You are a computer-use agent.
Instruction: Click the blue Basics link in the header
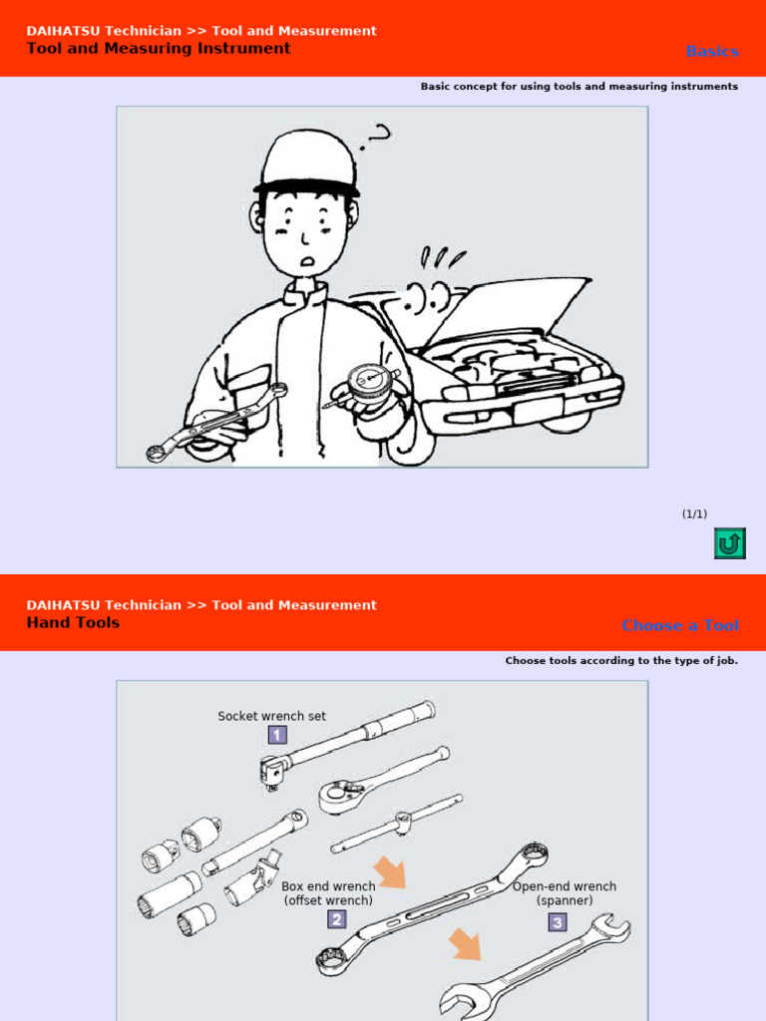click(x=712, y=51)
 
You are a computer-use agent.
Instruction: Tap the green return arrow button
click(x=729, y=543)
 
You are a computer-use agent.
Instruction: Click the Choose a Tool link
click(x=680, y=625)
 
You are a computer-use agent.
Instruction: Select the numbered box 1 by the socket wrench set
click(x=277, y=735)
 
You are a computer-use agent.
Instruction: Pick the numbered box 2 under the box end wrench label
click(x=337, y=919)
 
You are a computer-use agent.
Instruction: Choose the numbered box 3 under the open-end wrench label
click(x=557, y=922)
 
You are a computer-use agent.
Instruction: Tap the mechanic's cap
click(x=307, y=164)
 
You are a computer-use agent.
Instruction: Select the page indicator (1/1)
click(x=694, y=513)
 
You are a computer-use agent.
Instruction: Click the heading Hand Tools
click(x=73, y=622)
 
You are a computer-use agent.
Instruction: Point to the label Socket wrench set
click(x=272, y=716)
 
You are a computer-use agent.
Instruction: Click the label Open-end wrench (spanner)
click(x=565, y=893)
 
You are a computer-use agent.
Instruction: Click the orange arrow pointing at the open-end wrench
click(x=465, y=942)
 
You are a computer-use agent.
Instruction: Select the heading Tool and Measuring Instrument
click(x=159, y=48)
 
